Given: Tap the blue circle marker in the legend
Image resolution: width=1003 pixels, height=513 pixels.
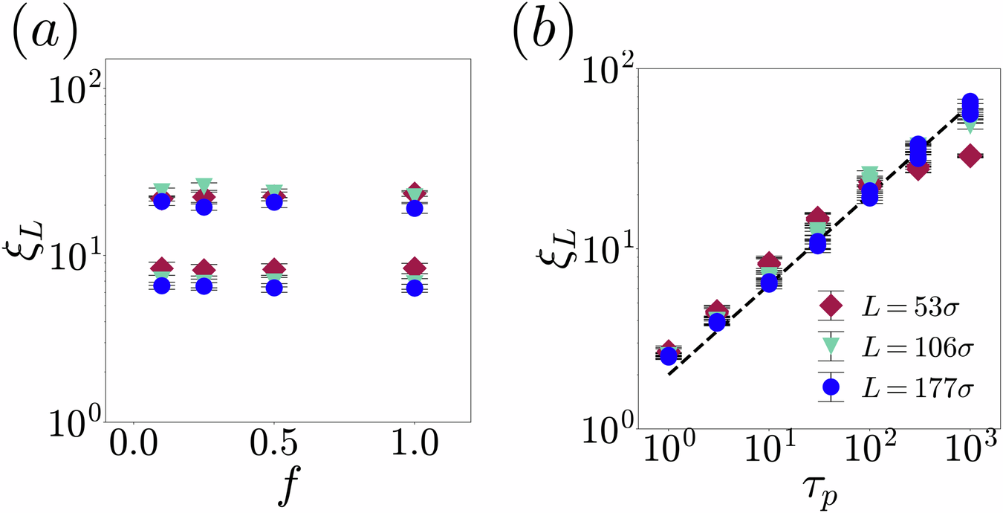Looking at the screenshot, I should coord(831,387).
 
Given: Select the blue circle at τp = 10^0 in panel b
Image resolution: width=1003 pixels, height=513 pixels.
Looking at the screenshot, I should coord(669,356).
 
